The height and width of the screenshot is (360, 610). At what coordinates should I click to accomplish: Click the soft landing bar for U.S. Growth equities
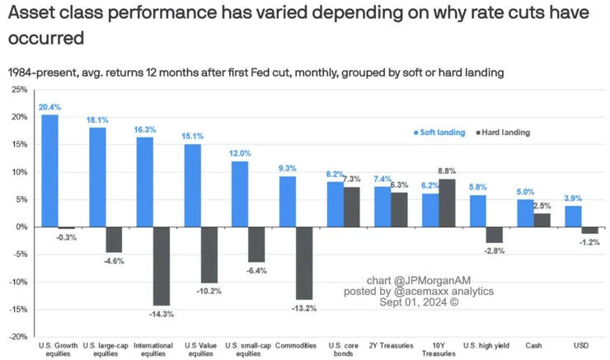(49, 171)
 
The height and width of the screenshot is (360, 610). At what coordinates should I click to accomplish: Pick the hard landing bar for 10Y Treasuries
(448, 203)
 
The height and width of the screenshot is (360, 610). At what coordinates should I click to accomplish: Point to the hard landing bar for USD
(590, 230)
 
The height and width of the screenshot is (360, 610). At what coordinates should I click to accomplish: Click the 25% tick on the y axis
(19, 90)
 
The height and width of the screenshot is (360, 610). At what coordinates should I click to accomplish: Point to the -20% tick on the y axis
(17, 337)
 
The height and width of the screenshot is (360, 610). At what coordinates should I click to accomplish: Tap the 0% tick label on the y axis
(21, 227)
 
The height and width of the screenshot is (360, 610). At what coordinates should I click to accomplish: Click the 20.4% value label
(49, 107)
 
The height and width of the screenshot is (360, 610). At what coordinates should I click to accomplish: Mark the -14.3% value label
(161, 314)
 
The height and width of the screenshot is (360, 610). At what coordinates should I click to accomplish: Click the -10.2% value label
(209, 291)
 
